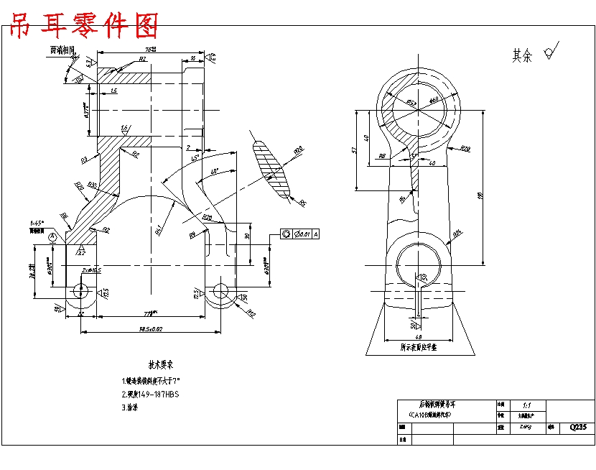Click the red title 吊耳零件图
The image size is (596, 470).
tap(83, 27)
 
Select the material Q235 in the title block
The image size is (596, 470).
tap(578, 427)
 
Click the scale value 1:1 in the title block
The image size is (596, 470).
tap(529, 405)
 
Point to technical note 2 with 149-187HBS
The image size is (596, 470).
tap(150, 394)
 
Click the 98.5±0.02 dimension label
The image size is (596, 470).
tap(150, 329)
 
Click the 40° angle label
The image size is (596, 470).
tap(214, 172)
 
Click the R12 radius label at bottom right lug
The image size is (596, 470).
tap(251, 313)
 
